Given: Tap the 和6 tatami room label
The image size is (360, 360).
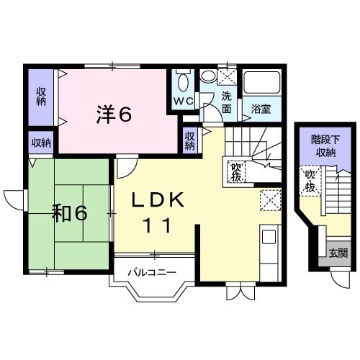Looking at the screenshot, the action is click(x=70, y=213).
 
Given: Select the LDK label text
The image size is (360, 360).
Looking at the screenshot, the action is click(x=158, y=199).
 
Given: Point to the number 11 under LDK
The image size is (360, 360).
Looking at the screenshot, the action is click(x=158, y=225).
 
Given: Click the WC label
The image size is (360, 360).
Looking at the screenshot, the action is click(x=184, y=102).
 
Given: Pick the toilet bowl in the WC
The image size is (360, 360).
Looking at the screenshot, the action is click(x=184, y=81).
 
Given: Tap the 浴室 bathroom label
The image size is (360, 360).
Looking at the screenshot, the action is click(x=261, y=109).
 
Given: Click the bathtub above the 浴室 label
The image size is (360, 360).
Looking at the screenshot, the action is click(x=262, y=82).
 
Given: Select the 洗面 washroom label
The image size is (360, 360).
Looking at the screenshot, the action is click(x=226, y=102).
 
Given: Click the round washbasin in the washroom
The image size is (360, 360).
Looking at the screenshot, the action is click(x=208, y=76).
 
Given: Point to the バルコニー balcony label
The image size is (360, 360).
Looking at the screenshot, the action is click(x=152, y=273).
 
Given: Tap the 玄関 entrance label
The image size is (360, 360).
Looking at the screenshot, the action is click(x=338, y=253).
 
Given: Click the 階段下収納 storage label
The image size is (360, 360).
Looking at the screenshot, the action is click(x=325, y=146).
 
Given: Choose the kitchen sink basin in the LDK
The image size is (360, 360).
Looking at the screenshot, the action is click(x=269, y=237).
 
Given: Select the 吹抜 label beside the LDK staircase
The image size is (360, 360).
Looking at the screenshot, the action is click(x=236, y=172).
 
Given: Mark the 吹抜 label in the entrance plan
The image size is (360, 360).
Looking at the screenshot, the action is click(x=310, y=181).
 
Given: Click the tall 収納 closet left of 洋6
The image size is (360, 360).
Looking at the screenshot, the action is click(x=41, y=96).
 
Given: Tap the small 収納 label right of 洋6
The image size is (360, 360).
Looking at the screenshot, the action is click(x=189, y=141).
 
